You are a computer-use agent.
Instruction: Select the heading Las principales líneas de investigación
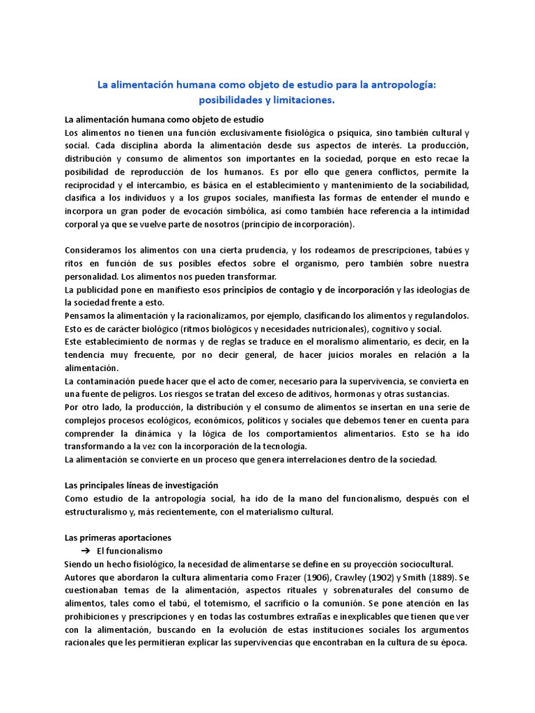(x=141, y=485)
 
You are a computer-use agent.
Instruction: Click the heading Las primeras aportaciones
(x=118, y=538)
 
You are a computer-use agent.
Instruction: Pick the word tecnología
(x=289, y=446)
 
